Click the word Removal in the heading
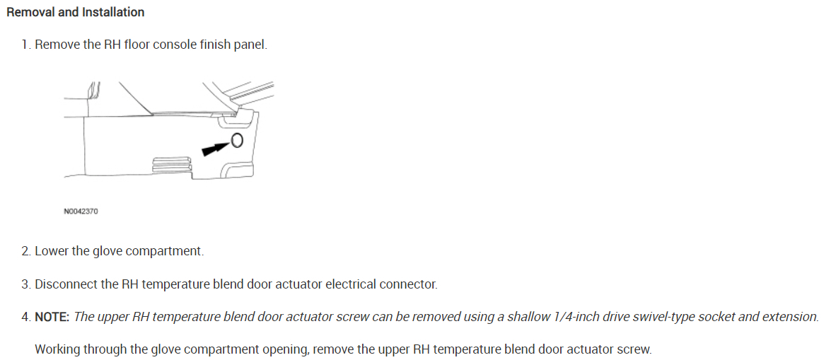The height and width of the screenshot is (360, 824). [x=28, y=12]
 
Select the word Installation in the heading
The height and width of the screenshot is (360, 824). [x=113, y=12]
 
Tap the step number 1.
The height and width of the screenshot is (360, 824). [x=25, y=45]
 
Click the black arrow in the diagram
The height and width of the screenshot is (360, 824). [x=216, y=147]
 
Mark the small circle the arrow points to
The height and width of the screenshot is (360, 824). [x=237, y=140]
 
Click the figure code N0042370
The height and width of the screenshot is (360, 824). [x=81, y=211]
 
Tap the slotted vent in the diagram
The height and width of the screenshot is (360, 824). [x=170, y=163]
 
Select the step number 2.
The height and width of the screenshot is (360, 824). [x=25, y=251]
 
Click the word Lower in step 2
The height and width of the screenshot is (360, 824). [x=52, y=251]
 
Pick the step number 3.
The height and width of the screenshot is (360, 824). [x=25, y=284]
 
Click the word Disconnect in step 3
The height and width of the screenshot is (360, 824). [x=65, y=284]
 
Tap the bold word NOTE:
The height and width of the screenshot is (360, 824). [x=52, y=317]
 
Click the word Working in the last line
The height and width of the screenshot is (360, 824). [x=57, y=349]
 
